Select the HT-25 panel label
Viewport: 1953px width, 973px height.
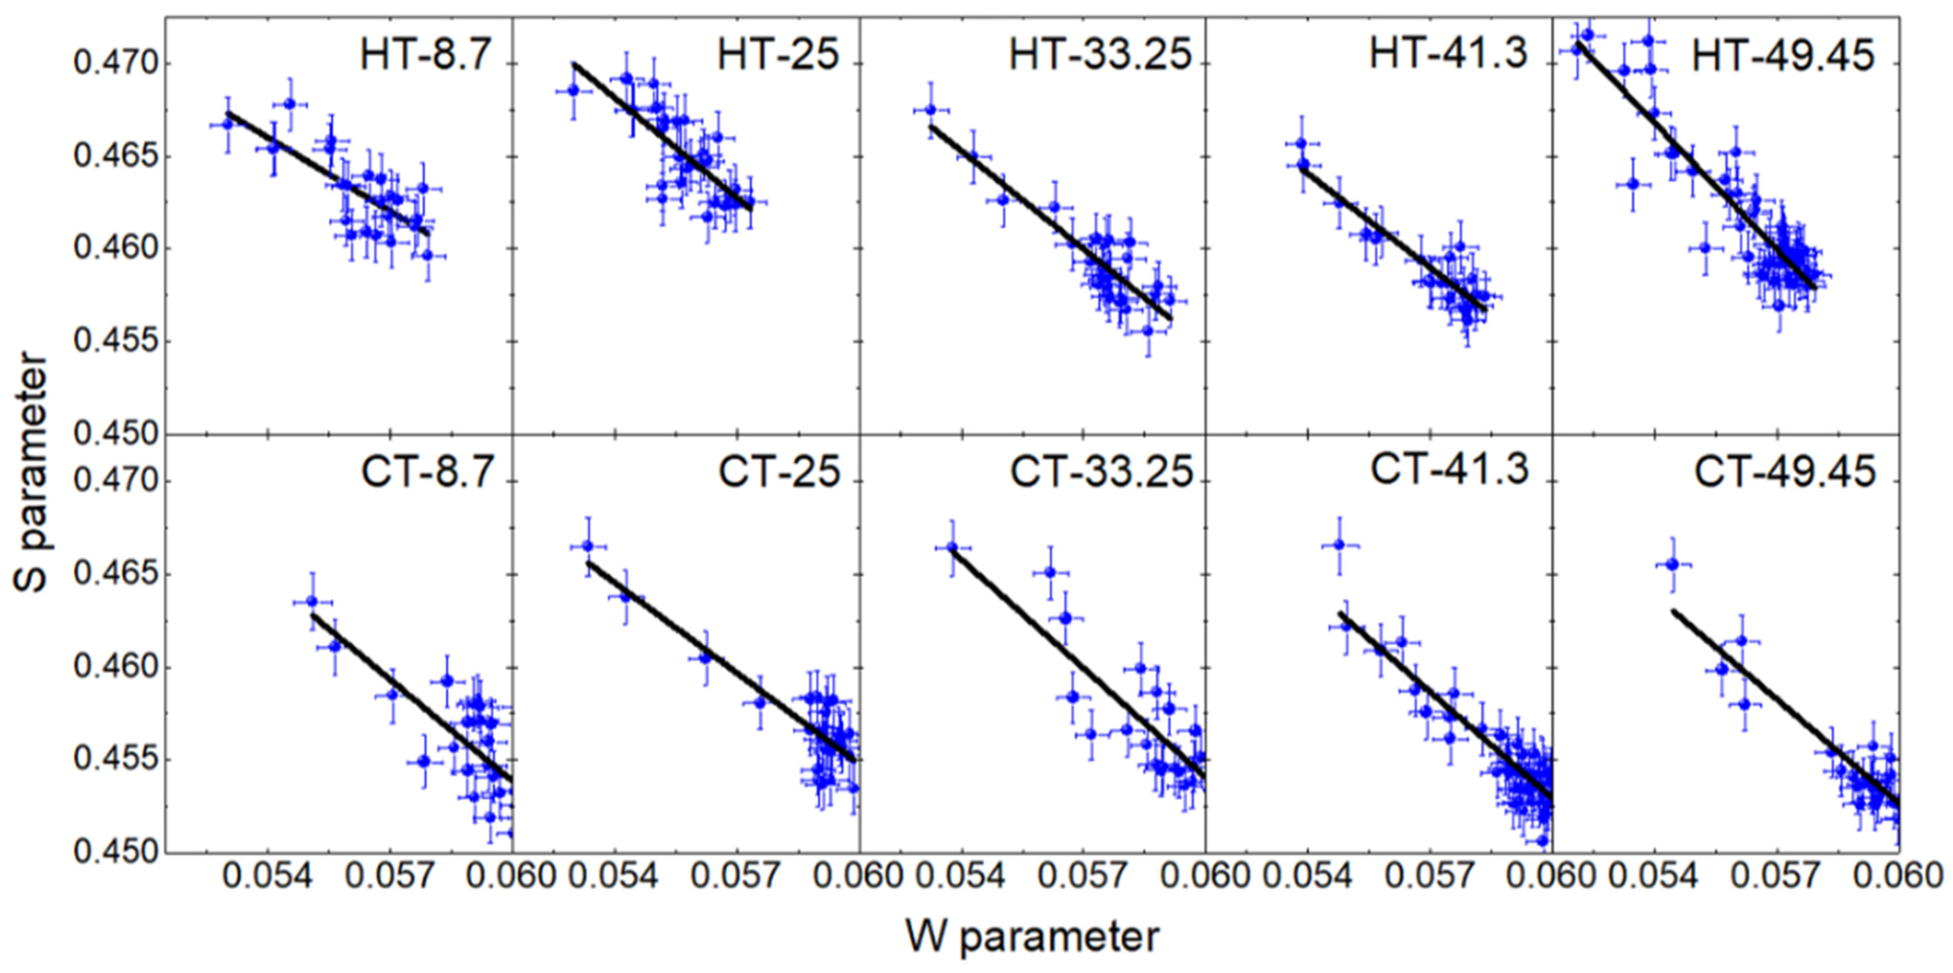779,55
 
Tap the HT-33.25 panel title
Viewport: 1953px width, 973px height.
1100,55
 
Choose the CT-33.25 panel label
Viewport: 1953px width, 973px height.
1101,472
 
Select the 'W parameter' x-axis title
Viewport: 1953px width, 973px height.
1033,937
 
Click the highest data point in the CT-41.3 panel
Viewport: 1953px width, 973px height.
1339,544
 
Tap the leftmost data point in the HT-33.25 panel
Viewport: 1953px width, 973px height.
930,110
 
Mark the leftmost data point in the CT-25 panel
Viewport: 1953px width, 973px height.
587,546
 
